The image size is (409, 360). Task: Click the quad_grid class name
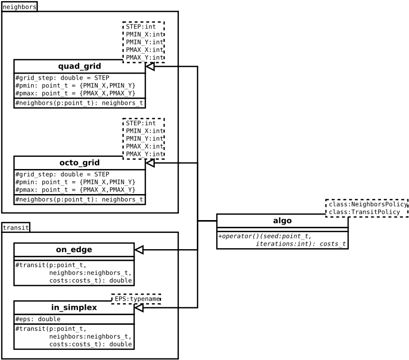tap(79, 66)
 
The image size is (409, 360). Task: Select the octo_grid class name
tap(79, 163)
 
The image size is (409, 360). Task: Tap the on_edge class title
tap(74, 250)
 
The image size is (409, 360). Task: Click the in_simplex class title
tap(74, 307)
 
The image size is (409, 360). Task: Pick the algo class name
tap(282, 221)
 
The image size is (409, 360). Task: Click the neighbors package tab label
tap(19, 7)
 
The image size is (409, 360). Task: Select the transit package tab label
tap(16, 227)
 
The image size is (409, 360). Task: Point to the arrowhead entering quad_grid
tap(150, 66)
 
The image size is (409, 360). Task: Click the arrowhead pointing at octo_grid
tap(150, 163)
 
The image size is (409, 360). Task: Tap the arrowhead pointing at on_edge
tap(139, 250)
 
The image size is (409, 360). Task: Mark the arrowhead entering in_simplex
tap(139, 307)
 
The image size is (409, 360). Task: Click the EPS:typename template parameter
tap(137, 299)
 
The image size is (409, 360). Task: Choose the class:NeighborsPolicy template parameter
tap(368, 204)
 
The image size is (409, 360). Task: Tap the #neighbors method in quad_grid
tap(79, 103)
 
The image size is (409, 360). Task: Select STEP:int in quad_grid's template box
tap(141, 27)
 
